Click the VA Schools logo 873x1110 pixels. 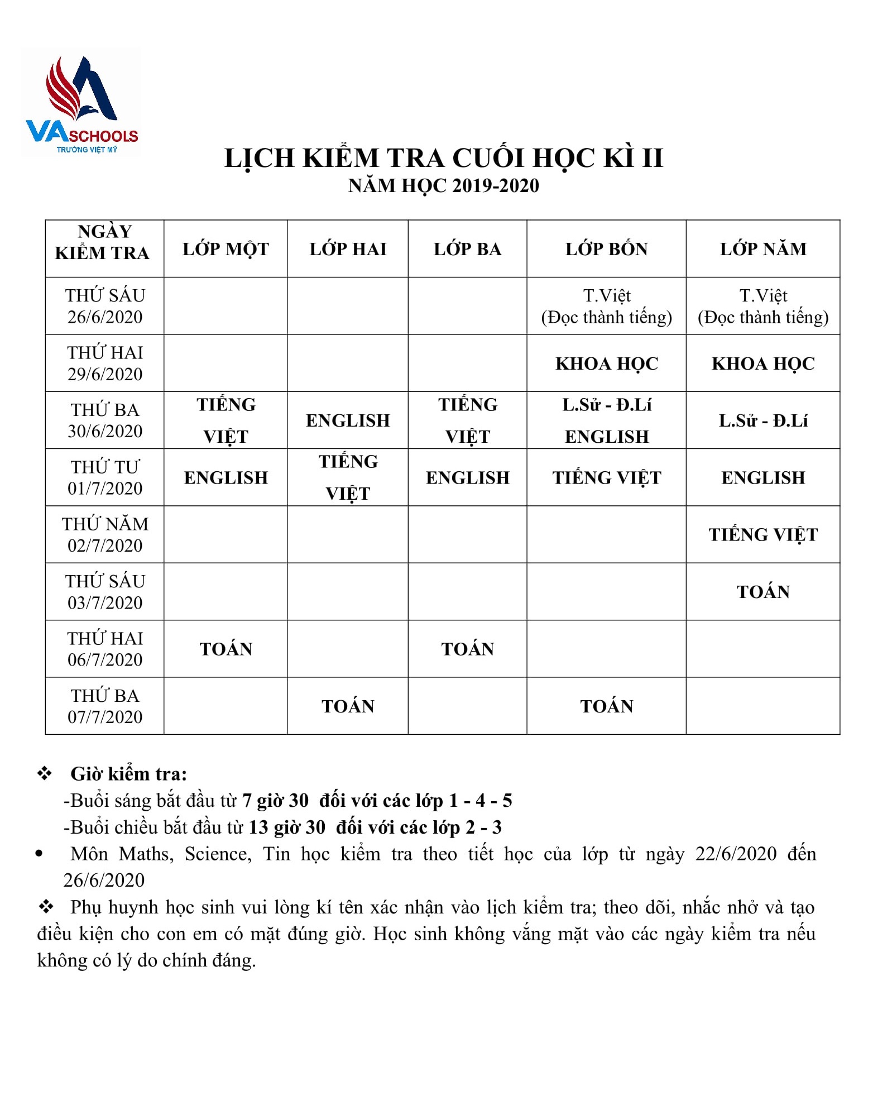[x=81, y=104]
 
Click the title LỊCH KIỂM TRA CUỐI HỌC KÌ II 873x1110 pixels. [x=443, y=158]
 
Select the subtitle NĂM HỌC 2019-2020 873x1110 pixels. [x=443, y=186]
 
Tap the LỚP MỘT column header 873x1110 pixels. [x=226, y=249]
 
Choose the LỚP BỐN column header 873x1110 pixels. [x=606, y=249]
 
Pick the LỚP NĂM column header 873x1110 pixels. [x=762, y=249]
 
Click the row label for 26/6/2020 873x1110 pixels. [x=105, y=306]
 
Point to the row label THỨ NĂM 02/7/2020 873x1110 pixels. [x=105, y=535]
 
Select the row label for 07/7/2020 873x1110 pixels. [x=105, y=706]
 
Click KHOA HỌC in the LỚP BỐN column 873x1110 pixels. [x=606, y=363]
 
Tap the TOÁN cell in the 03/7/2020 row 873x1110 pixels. [x=762, y=592]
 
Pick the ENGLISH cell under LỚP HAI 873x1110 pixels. [x=348, y=420]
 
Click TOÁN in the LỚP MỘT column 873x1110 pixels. [x=226, y=649]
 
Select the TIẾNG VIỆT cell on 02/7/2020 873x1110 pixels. [x=762, y=535]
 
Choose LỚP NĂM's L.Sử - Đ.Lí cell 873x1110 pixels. [x=762, y=420]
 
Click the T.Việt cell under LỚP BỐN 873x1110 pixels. [x=606, y=306]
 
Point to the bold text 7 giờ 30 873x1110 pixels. [x=275, y=801]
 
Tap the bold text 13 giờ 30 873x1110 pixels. [x=286, y=827]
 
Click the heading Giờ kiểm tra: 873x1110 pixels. [x=128, y=774]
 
